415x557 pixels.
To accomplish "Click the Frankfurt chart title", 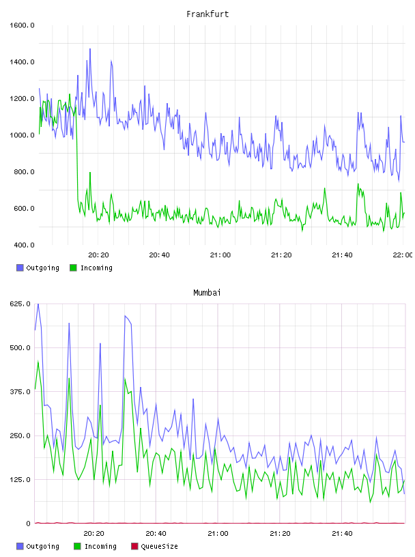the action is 207,14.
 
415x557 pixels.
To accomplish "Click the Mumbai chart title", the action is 207,293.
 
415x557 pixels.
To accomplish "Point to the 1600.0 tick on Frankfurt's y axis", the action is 22,25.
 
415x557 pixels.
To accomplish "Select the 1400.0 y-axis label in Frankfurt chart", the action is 22,62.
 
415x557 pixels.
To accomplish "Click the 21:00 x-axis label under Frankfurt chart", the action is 220,255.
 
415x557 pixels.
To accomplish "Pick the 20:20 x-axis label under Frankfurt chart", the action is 98,255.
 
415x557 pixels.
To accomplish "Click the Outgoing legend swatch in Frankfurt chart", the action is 20,268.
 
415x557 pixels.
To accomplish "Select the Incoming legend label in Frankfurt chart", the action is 96,268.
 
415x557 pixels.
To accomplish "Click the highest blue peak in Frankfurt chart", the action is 90,49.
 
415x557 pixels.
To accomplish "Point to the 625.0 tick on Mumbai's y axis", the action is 20,304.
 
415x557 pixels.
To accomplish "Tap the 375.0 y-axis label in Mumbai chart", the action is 20,391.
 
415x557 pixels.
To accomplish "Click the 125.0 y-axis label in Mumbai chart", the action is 20,480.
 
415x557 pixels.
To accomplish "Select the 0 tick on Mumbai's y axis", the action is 29,524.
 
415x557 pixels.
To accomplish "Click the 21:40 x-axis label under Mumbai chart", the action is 342,534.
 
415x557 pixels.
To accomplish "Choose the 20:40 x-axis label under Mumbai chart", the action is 156,534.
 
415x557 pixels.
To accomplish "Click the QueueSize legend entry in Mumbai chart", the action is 154,546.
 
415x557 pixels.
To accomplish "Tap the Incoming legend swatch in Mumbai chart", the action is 77,546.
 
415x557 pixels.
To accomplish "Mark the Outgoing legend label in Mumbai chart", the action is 42,546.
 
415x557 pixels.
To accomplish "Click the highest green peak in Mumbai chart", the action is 38,362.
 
